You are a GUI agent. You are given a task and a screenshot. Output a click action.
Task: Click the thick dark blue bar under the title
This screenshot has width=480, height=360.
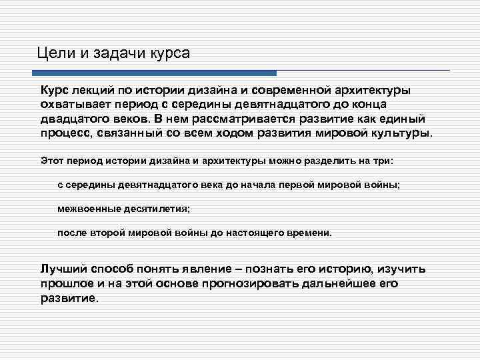[x=157, y=73]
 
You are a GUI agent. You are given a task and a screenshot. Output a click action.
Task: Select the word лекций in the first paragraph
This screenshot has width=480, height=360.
[x=97, y=90]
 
